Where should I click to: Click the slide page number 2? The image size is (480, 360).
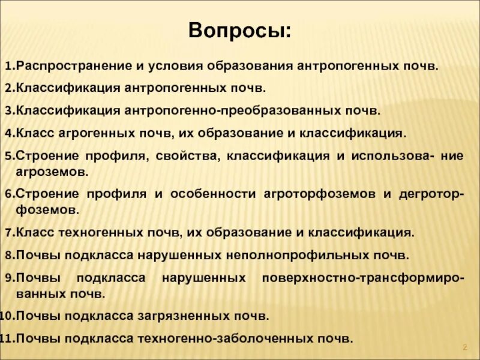(x=464, y=348)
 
